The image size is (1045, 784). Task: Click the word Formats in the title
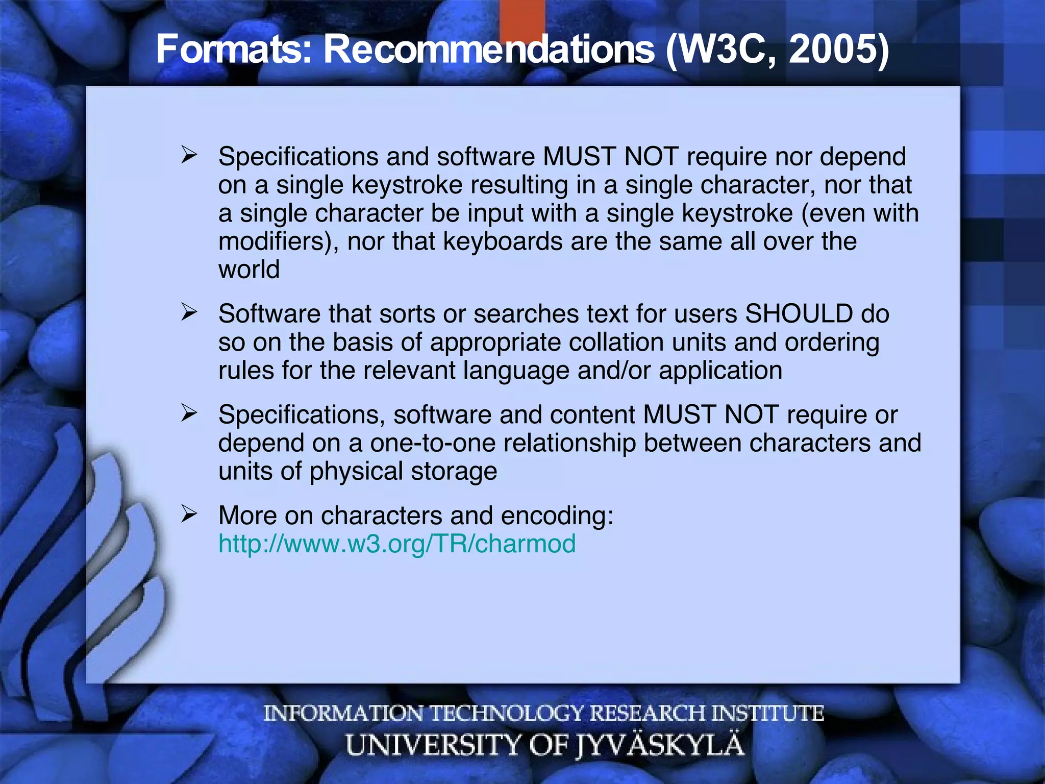coord(233,50)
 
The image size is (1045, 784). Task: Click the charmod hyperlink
coord(397,544)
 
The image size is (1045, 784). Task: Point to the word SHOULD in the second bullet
coord(799,313)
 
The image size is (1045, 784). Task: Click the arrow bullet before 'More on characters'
coord(189,514)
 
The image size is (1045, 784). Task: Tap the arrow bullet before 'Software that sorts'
coord(189,312)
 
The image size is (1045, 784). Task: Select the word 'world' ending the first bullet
coord(249,269)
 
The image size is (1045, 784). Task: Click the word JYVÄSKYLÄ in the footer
coord(660,745)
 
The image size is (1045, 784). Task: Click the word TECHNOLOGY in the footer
coord(507,713)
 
